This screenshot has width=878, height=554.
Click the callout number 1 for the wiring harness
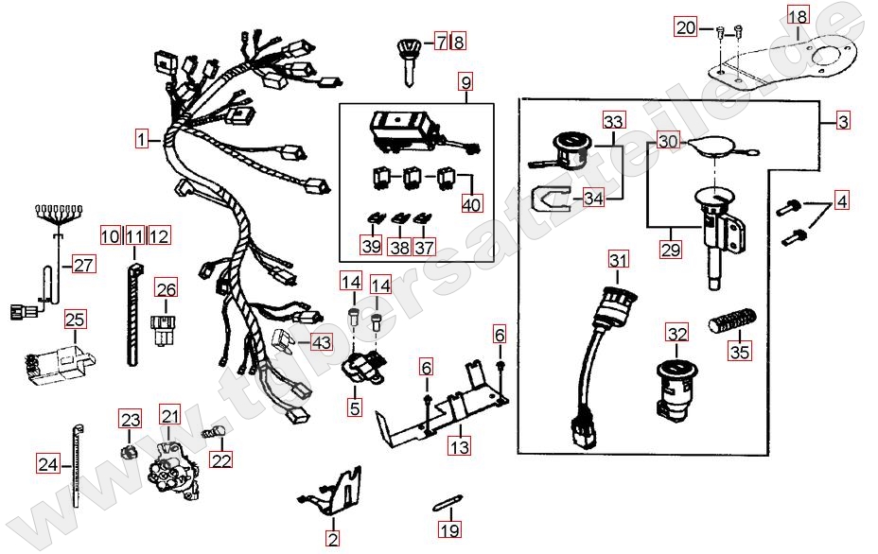pyautogui.click(x=142, y=138)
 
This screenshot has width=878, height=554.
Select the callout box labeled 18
pyautogui.click(x=799, y=16)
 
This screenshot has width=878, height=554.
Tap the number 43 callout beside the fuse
pyautogui.click(x=322, y=342)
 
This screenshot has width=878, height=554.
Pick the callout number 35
pyautogui.click(x=740, y=352)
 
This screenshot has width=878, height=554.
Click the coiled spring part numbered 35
pyautogui.click(x=732, y=321)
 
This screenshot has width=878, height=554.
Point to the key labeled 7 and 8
pyautogui.click(x=410, y=61)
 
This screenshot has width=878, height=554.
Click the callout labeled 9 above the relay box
pyautogui.click(x=466, y=83)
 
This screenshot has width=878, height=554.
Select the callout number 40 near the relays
pyautogui.click(x=471, y=204)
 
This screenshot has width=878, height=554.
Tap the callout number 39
pyautogui.click(x=372, y=246)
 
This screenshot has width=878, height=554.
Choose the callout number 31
pyautogui.click(x=618, y=260)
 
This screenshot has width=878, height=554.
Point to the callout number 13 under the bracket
pyautogui.click(x=459, y=446)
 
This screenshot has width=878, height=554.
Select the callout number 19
pyautogui.click(x=449, y=529)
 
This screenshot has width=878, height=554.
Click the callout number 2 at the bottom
pyautogui.click(x=333, y=539)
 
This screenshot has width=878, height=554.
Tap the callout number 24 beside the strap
pyautogui.click(x=48, y=464)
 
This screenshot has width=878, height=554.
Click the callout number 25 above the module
pyautogui.click(x=75, y=320)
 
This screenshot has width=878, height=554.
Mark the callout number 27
pyautogui.click(x=84, y=264)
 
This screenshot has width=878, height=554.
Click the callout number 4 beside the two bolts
pyautogui.click(x=842, y=200)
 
